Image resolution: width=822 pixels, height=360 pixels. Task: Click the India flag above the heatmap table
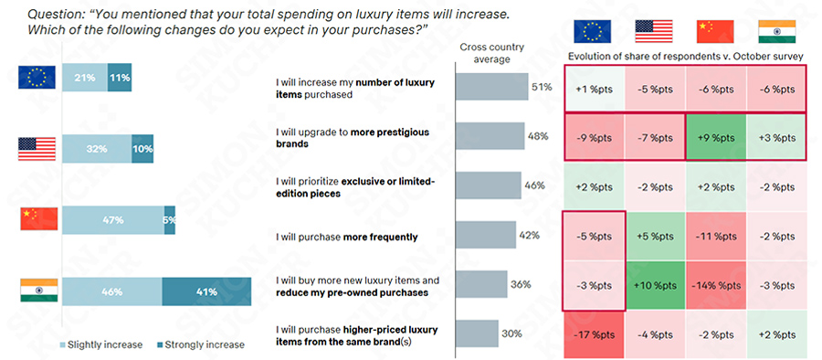(x=776, y=31)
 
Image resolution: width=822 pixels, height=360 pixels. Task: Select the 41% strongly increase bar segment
(x=205, y=292)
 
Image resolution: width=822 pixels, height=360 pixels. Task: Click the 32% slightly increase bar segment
(x=96, y=149)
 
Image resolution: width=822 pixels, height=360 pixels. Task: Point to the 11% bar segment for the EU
(x=119, y=78)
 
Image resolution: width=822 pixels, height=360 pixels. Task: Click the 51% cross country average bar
(x=490, y=88)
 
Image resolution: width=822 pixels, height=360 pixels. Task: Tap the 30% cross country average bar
(x=476, y=334)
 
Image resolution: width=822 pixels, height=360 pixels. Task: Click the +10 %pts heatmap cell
(x=656, y=284)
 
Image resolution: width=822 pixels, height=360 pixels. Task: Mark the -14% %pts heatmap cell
(x=716, y=284)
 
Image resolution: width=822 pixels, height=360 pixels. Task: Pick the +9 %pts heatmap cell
(x=716, y=137)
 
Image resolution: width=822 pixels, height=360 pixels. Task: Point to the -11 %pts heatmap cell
(x=716, y=235)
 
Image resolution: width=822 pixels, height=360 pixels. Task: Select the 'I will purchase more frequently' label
(x=346, y=238)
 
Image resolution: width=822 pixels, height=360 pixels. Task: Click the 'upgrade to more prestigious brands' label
(x=351, y=137)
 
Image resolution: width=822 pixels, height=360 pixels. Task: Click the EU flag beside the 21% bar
(x=38, y=78)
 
